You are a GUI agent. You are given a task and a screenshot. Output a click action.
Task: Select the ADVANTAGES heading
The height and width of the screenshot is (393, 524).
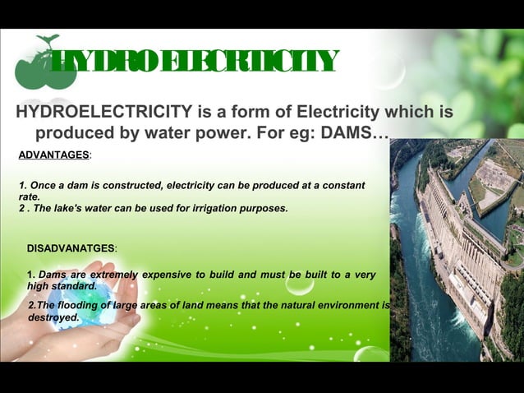coord(53,155)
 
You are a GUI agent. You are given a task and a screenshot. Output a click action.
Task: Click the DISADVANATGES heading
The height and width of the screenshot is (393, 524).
coord(71,247)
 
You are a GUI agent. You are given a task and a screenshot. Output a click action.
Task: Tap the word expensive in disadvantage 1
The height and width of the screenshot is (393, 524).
coord(164,274)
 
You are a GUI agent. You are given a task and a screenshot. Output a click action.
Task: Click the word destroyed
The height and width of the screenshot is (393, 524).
coord(53,317)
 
